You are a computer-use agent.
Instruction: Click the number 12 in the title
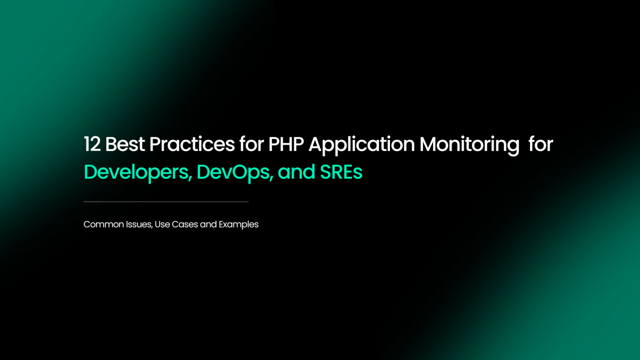[x=92, y=144]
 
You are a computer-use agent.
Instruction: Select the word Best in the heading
[x=124, y=144]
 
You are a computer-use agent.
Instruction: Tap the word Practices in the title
[x=191, y=144]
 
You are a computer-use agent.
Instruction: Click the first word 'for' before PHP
[x=251, y=144]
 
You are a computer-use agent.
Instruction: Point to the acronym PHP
[x=286, y=144]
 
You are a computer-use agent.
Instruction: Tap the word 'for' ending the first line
[x=540, y=144]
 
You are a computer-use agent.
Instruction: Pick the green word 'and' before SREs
[x=296, y=172]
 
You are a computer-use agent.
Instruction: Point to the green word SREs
[x=341, y=172]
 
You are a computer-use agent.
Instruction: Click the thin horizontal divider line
[x=166, y=202]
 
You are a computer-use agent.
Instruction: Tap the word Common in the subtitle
[x=103, y=224]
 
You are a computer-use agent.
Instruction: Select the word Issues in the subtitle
[x=139, y=224]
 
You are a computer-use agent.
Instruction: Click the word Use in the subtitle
[x=162, y=224]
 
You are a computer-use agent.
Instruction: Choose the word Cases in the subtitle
[x=185, y=224]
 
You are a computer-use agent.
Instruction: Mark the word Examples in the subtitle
[x=239, y=225]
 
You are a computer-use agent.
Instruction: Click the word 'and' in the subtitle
[x=208, y=224]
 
